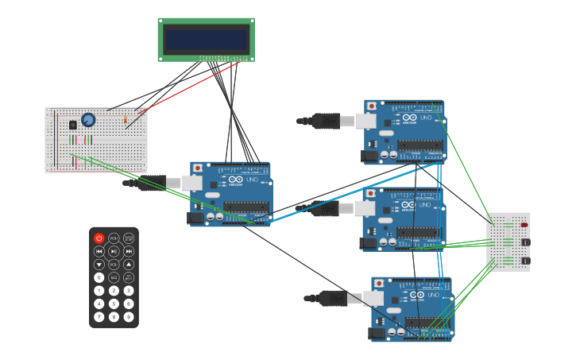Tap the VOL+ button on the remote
coord(114,238)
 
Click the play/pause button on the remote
coord(114,251)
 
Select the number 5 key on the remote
coord(114,304)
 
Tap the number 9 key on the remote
coord(129,317)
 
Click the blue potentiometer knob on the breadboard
coord(88,120)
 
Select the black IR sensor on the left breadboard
coord(73,125)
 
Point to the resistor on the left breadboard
coord(125,120)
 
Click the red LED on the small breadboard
coord(524,225)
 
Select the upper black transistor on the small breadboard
coord(525,242)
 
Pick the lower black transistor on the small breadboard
coord(525,261)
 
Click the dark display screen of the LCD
coord(207,40)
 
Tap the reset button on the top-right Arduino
coord(372,106)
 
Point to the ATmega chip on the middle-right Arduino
coord(419,231)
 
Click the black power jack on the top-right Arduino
coord(369,156)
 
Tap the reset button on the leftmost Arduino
coord(198,168)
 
